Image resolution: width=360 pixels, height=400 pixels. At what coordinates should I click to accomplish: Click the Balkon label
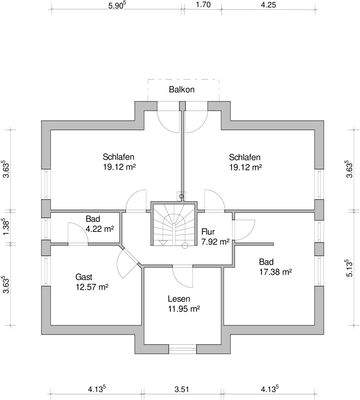click(x=181, y=89)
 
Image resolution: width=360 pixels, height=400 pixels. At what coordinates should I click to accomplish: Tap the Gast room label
click(x=84, y=277)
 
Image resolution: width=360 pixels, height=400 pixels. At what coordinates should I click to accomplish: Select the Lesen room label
click(x=179, y=299)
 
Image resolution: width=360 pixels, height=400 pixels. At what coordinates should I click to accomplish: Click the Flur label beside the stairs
click(x=208, y=232)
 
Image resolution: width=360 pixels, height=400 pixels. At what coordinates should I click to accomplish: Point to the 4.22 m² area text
click(x=100, y=229)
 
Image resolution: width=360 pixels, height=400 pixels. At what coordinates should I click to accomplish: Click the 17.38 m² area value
click(x=275, y=272)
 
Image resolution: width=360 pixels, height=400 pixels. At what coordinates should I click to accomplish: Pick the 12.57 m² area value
click(x=91, y=287)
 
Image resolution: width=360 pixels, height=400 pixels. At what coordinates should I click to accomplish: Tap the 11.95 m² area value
click(x=184, y=309)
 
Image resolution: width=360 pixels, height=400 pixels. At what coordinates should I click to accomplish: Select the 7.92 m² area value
click(x=215, y=242)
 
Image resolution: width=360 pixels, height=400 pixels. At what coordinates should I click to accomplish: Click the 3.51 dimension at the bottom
click(x=181, y=389)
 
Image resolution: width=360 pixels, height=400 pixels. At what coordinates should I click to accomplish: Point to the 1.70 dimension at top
click(x=203, y=5)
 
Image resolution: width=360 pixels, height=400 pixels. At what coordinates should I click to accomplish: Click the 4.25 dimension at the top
click(x=268, y=5)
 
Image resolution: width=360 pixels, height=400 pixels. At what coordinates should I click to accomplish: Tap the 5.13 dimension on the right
click(x=349, y=268)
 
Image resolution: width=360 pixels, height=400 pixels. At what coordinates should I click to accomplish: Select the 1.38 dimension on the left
click(x=6, y=227)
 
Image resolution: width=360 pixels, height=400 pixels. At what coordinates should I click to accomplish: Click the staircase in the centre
click(x=174, y=224)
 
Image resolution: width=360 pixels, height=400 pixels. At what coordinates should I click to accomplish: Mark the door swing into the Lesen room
click(x=183, y=277)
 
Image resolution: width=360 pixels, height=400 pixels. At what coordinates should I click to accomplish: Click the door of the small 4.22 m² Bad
click(x=77, y=233)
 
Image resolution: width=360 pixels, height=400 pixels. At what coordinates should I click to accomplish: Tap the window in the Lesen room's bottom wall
click(x=182, y=349)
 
